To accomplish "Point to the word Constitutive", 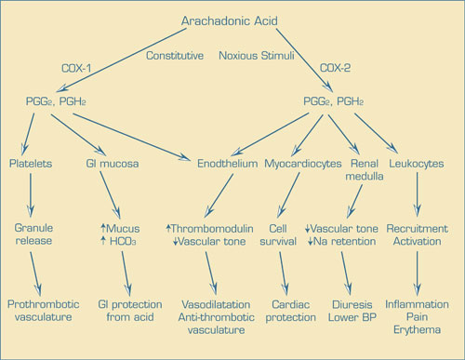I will click(174, 55).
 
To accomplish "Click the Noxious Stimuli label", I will click(258, 55).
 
